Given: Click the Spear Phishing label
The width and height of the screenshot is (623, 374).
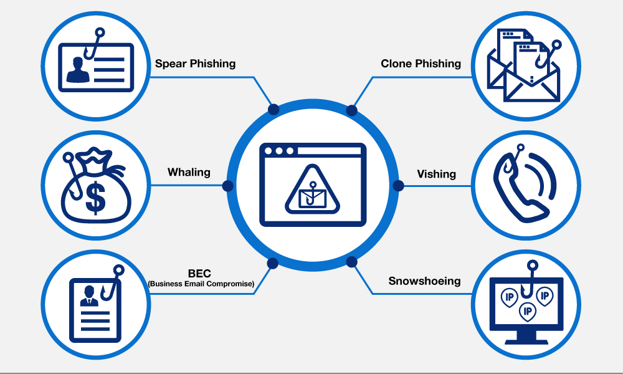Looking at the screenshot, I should (x=195, y=64).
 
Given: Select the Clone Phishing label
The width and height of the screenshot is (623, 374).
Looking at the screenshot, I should (x=421, y=64).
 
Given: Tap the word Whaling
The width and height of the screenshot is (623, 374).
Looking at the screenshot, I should (x=189, y=172).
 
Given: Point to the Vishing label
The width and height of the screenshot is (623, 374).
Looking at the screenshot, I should (x=436, y=174).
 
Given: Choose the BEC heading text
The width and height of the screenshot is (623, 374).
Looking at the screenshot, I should (x=201, y=273).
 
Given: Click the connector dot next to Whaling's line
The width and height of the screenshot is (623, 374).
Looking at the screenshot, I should (x=227, y=186).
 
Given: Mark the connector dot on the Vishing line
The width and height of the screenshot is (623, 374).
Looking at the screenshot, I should (x=397, y=186).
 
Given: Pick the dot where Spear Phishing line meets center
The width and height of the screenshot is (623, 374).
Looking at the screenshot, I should (x=273, y=110).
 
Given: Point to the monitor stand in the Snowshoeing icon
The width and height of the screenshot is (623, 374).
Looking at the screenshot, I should (x=527, y=337).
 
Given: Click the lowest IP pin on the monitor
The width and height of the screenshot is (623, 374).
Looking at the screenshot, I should (x=527, y=311).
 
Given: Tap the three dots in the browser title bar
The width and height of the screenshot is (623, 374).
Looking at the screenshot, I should (x=278, y=151).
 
